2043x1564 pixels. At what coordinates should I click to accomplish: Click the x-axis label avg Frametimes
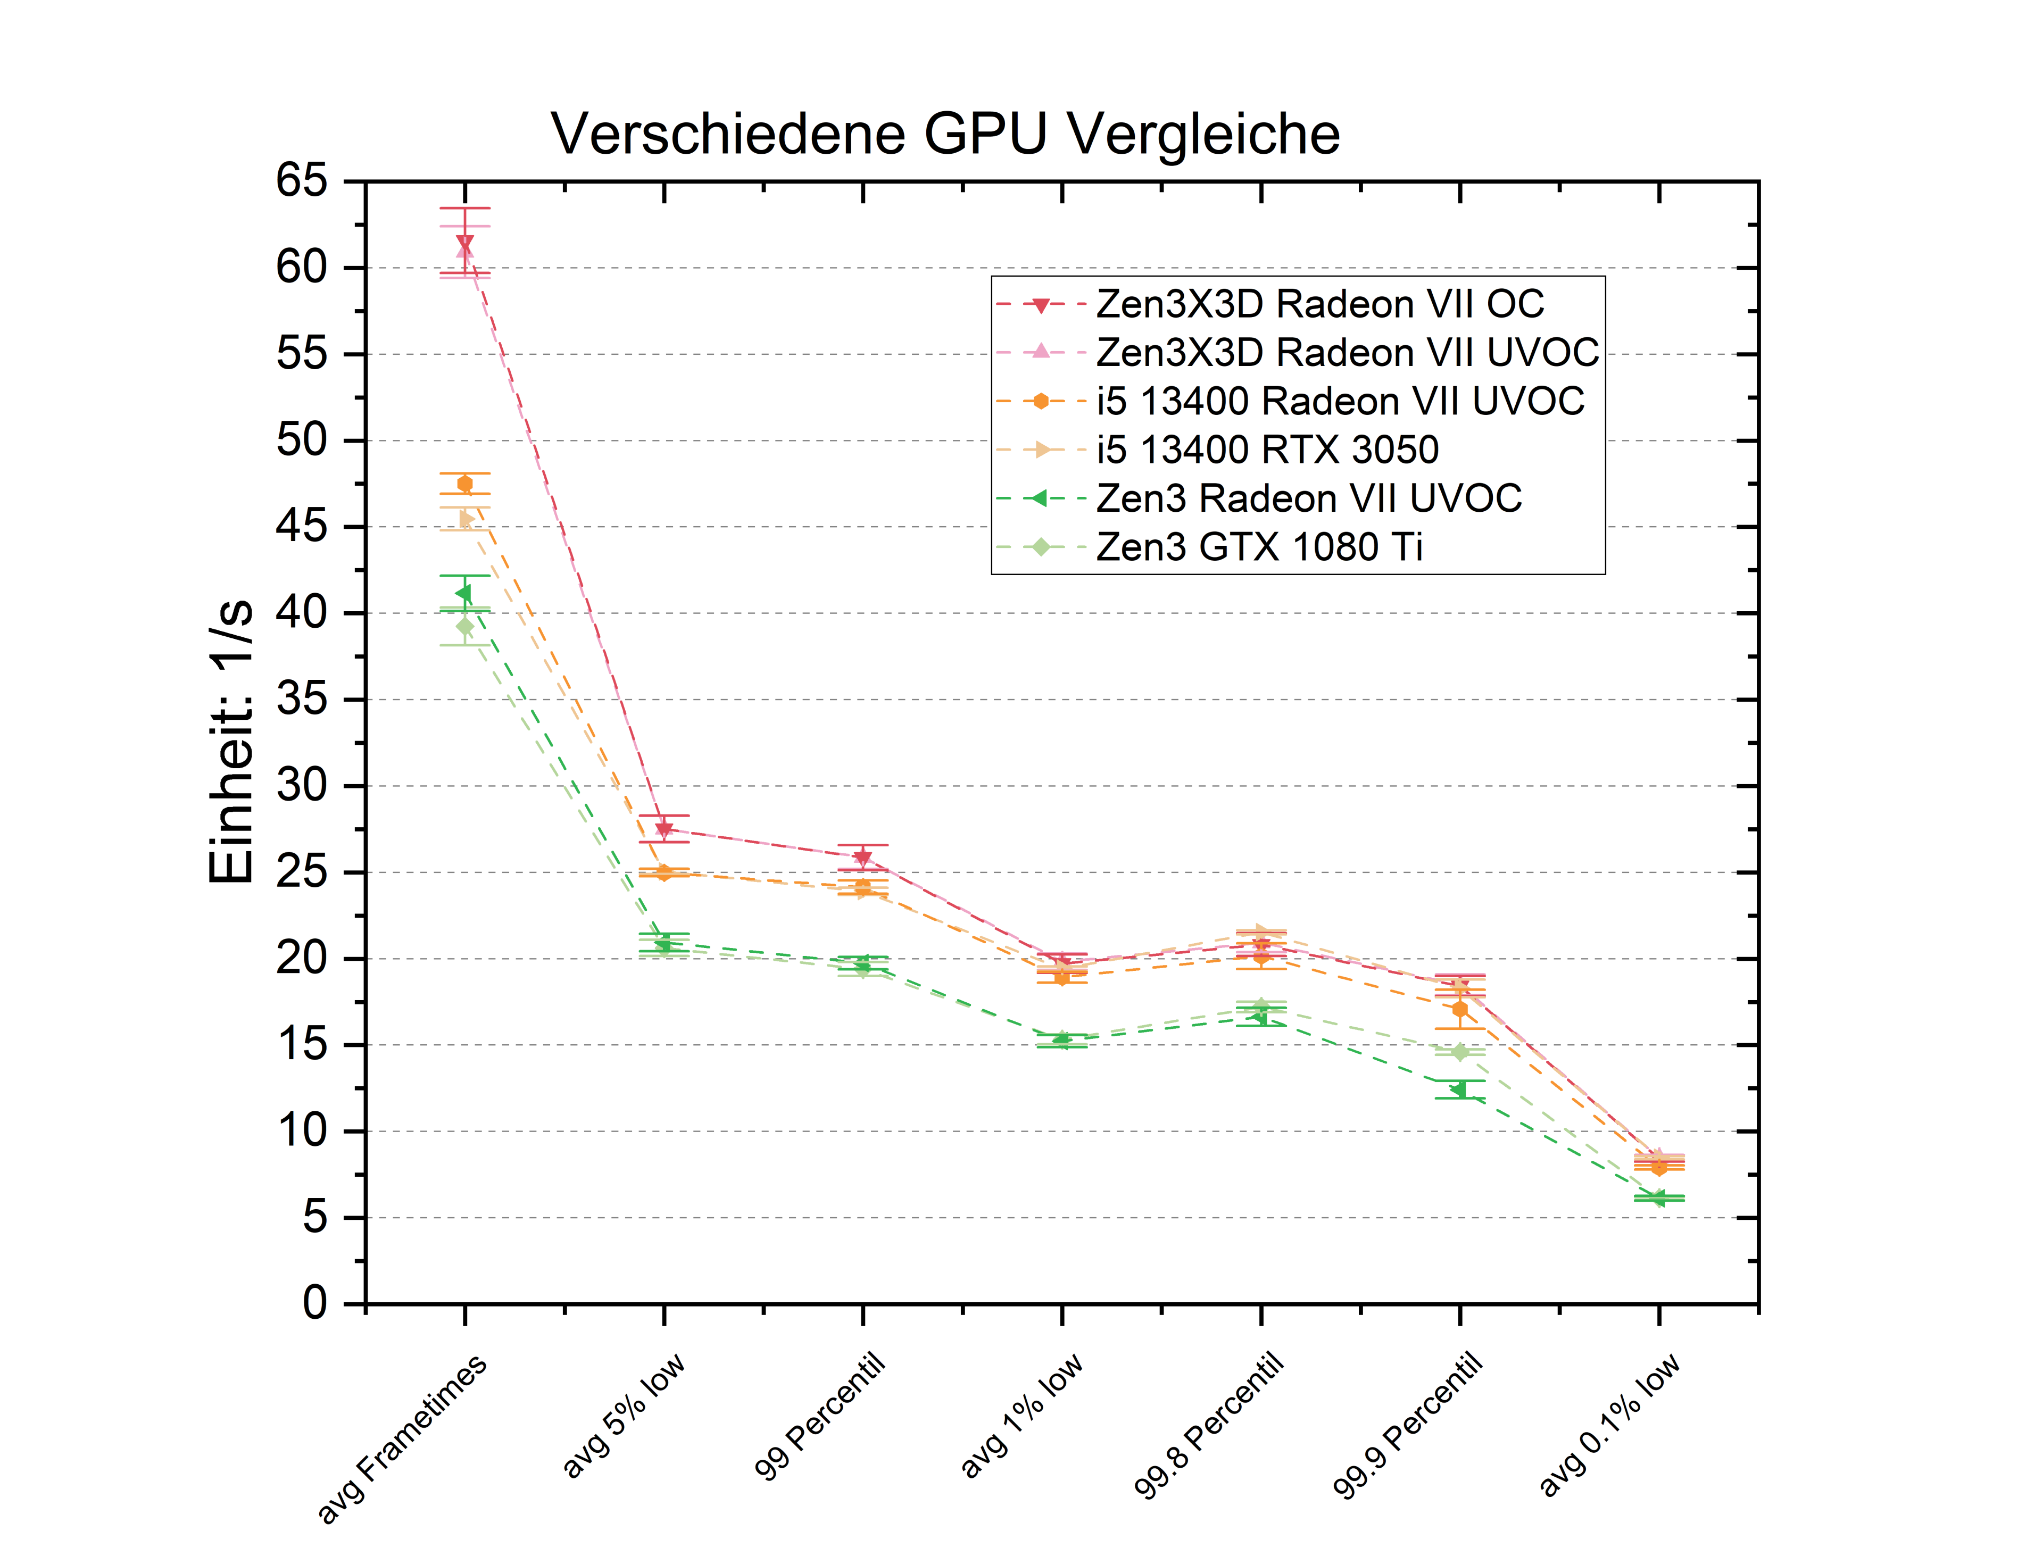point(402,1438)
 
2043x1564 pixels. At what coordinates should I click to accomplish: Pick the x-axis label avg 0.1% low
point(1608,1425)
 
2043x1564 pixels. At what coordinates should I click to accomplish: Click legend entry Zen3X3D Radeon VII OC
point(1319,304)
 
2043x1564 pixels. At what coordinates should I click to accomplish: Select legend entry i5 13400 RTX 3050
point(1266,450)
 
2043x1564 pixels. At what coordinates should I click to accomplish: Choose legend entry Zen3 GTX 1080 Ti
point(1259,547)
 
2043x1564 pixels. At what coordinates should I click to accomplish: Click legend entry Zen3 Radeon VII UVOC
point(1308,499)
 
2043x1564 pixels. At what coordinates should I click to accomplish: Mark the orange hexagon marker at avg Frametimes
point(464,483)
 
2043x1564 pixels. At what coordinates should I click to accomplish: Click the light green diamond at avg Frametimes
point(464,627)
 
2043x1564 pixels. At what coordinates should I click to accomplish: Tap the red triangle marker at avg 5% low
point(664,829)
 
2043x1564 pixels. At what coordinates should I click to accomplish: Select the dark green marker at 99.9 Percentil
point(1458,1089)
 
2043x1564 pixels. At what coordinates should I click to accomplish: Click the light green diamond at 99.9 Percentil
point(1459,1052)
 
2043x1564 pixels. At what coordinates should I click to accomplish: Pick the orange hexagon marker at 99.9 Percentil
point(1459,1009)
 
